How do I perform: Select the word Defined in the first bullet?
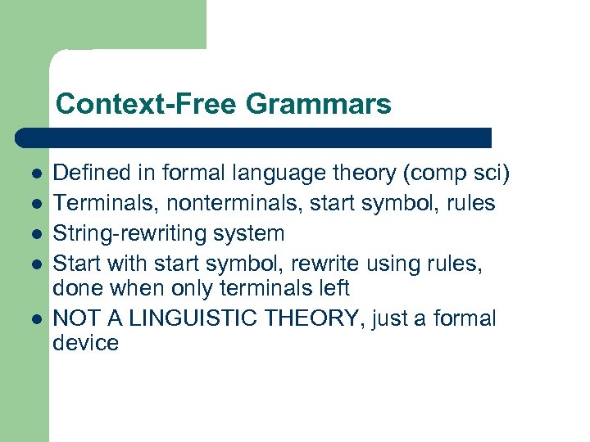91,173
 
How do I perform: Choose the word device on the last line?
85,343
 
